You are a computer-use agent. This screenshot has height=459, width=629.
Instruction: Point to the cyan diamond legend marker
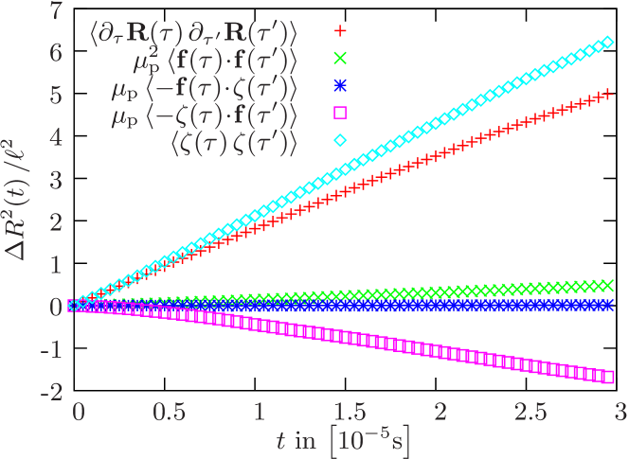coord(341,141)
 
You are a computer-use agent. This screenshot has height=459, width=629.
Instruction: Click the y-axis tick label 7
coord(56,12)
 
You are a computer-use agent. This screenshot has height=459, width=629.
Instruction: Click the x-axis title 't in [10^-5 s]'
coord(345,442)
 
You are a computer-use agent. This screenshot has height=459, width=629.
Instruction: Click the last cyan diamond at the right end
coord(610,43)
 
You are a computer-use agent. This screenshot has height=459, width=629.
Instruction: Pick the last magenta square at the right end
coord(610,377)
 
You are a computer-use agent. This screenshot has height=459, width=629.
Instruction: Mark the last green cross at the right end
coord(610,285)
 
